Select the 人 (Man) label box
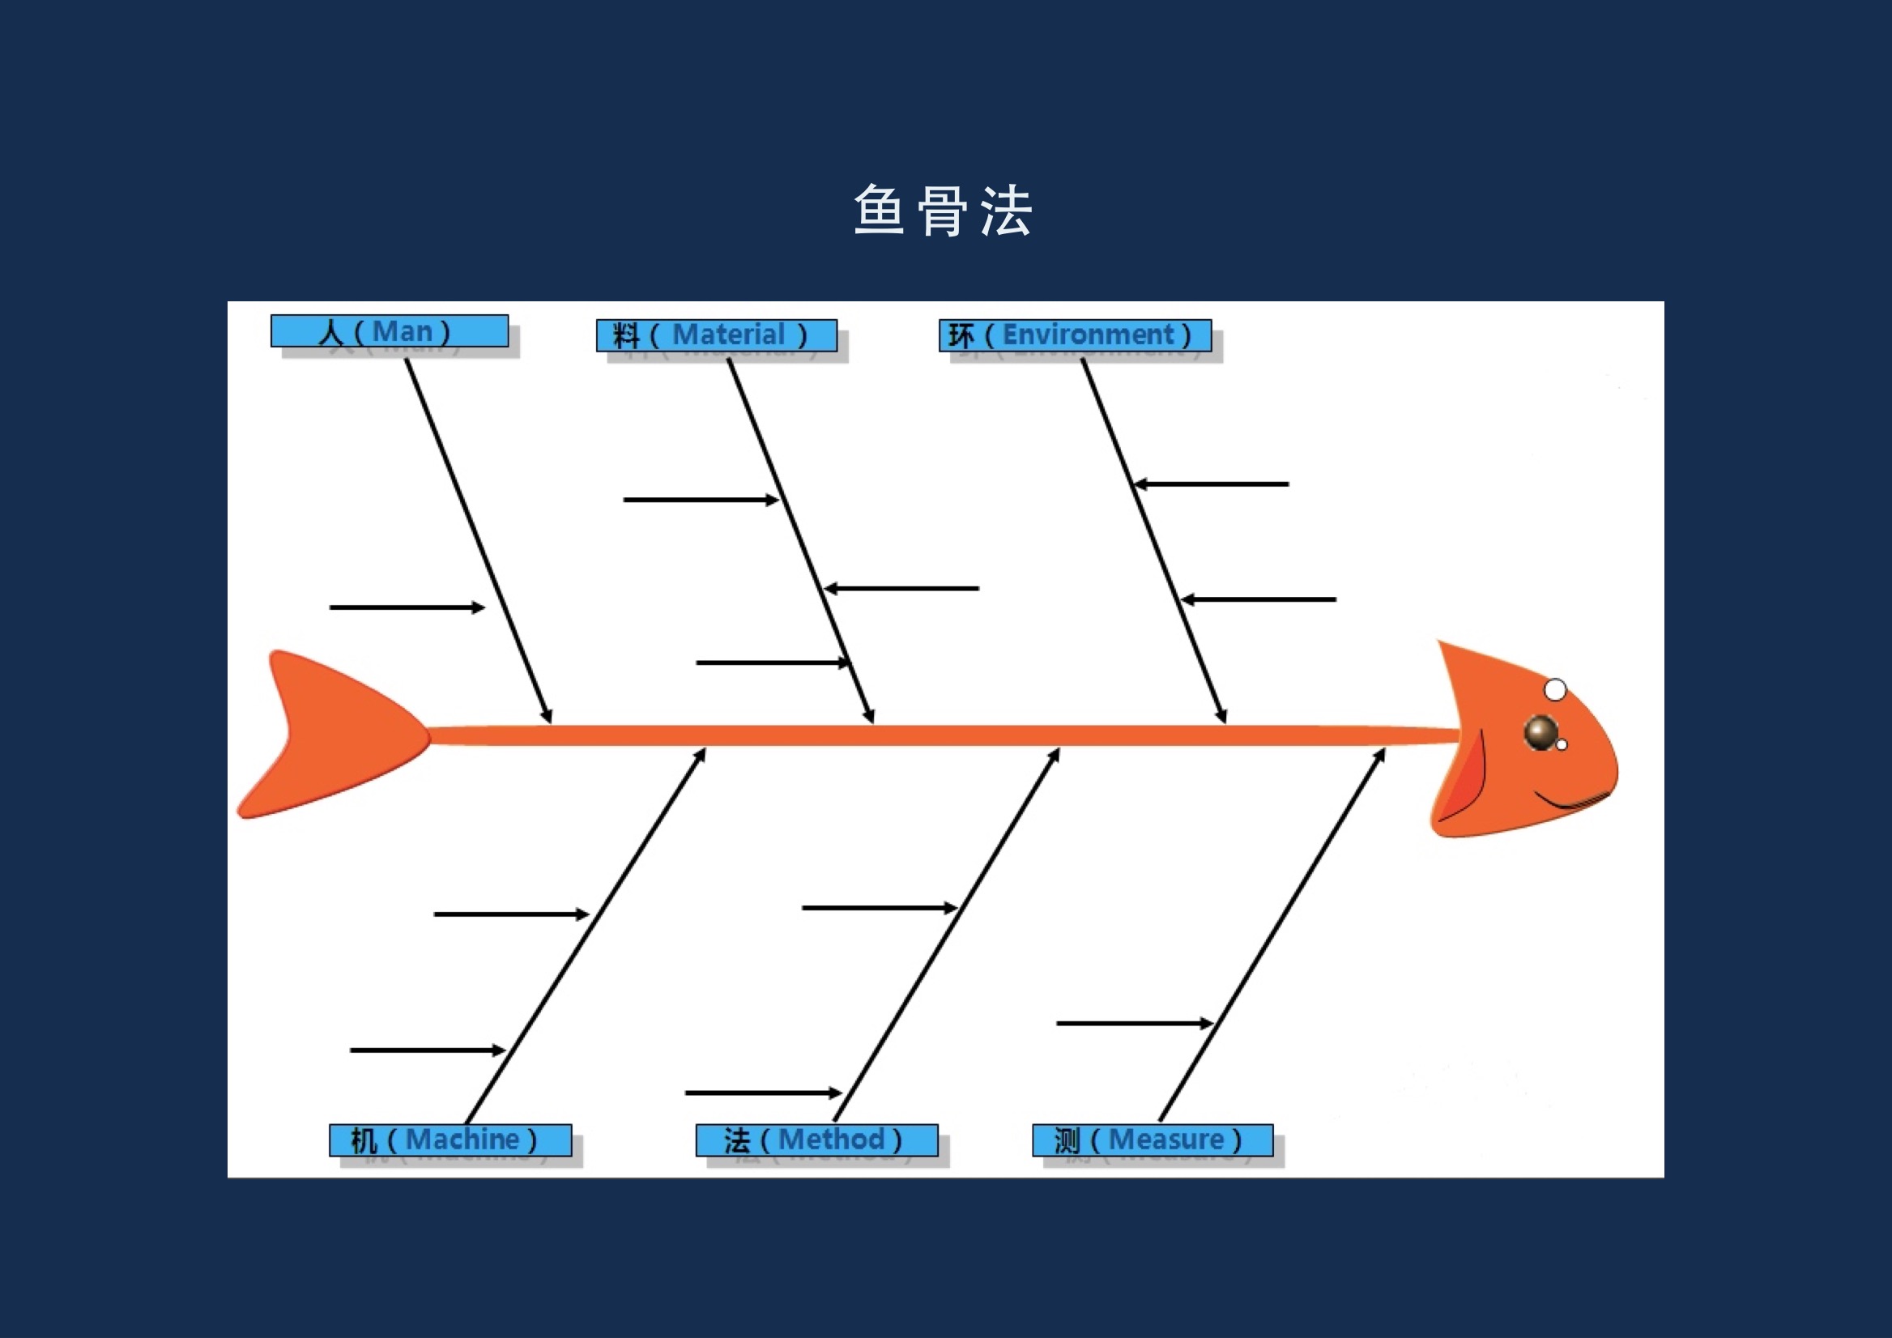[390, 331]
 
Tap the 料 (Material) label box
[717, 335]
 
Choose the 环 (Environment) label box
[1076, 335]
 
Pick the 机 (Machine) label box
[451, 1140]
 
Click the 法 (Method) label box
[817, 1140]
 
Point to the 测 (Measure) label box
[1153, 1140]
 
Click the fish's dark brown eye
[1541, 731]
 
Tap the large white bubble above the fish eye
[1555, 689]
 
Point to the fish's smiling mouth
[1570, 800]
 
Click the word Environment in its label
[1088, 335]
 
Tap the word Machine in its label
[463, 1140]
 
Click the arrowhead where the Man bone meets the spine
[548, 716]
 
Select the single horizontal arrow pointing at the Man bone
[408, 608]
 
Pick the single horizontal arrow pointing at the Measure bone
[1136, 1023]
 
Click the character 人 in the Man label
[331, 332]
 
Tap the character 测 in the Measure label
[1067, 1141]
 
